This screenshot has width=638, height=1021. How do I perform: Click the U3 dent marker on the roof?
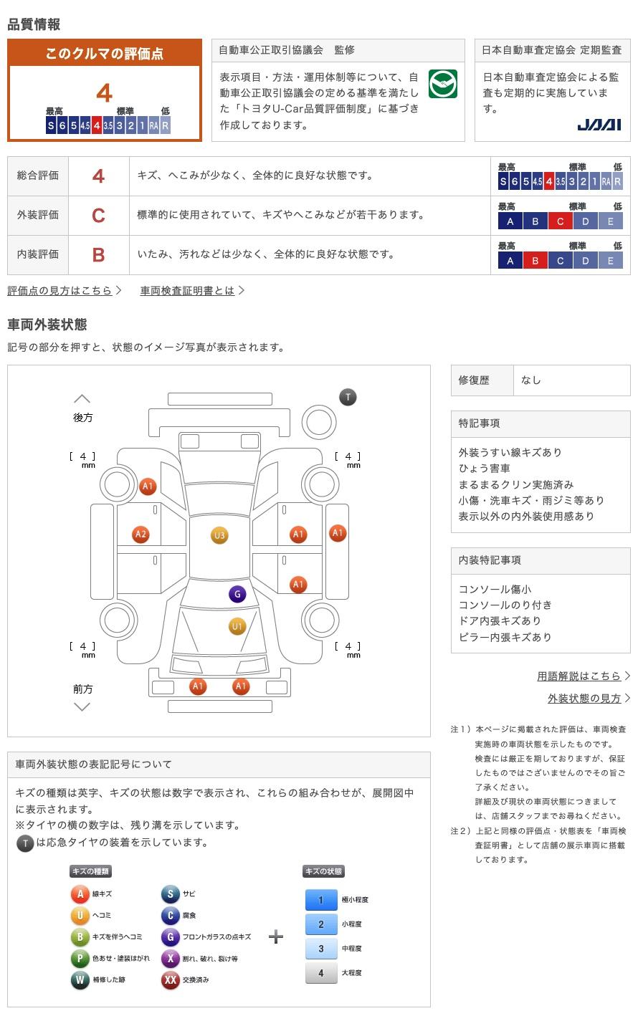pyautogui.click(x=219, y=535)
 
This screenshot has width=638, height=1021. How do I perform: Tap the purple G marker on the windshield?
pyautogui.click(x=237, y=594)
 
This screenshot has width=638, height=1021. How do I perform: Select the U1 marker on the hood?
pyautogui.click(x=237, y=627)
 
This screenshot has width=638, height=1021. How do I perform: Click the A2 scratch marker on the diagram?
pyautogui.click(x=141, y=534)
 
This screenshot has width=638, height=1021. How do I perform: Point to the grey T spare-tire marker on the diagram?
pyautogui.click(x=348, y=397)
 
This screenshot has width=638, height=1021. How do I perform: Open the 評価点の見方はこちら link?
pyautogui.click(x=60, y=291)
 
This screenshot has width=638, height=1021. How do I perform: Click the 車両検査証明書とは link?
pyautogui.click(x=188, y=291)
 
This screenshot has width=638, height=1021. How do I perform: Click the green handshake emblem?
pyautogui.click(x=442, y=85)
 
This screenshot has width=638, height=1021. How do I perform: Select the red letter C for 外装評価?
pyautogui.click(x=98, y=215)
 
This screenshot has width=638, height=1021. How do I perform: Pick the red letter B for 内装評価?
pyautogui.click(x=98, y=254)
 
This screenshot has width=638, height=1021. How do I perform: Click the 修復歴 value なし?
pyautogui.click(x=531, y=380)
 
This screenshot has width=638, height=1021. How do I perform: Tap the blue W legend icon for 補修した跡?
pyautogui.click(x=80, y=979)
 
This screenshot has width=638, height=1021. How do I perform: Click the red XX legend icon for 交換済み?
pyautogui.click(x=170, y=979)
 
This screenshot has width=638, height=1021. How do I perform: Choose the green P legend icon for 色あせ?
pyautogui.click(x=80, y=958)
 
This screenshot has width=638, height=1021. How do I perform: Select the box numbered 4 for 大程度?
pyautogui.click(x=321, y=972)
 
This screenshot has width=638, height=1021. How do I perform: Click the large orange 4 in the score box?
pyautogui.click(x=105, y=93)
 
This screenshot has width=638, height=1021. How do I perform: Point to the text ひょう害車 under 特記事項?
pyautogui.click(x=485, y=469)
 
